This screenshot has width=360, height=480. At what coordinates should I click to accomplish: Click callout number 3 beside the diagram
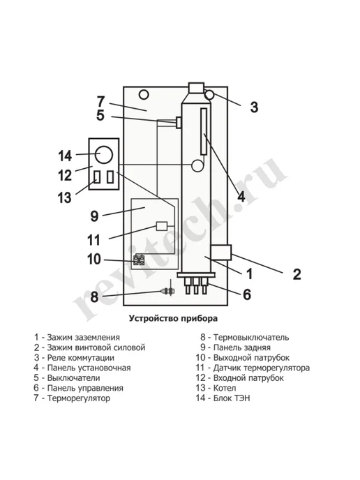click(254, 107)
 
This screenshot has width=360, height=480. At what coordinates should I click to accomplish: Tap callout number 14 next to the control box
click(65, 156)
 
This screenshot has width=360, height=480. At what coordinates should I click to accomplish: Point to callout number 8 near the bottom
click(94, 297)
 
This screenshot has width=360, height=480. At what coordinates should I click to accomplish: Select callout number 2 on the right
click(297, 274)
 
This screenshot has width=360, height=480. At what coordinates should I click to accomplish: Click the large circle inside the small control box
click(104, 155)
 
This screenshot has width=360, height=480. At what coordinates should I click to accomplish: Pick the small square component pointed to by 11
click(162, 226)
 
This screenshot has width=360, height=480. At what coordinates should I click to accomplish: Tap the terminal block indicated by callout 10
click(139, 260)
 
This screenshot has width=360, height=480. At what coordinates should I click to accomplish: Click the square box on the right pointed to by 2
click(220, 253)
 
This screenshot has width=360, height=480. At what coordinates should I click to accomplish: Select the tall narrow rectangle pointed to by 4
click(204, 131)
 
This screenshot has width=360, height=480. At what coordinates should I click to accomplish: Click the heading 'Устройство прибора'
click(173, 318)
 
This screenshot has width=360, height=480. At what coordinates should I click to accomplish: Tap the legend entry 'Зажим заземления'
click(83, 338)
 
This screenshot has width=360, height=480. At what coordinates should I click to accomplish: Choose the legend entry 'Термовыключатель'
click(251, 338)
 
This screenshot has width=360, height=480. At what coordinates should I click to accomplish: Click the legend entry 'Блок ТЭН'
click(232, 398)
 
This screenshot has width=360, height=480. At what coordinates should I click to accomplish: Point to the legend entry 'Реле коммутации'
click(80, 357)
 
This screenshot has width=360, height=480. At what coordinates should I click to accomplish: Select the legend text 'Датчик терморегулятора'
click(262, 368)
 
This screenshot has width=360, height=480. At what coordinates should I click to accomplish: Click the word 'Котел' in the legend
click(225, 388)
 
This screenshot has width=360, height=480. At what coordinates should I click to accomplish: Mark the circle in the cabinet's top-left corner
click(144, 95)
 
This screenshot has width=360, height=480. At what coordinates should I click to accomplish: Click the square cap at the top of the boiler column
click(196, 88)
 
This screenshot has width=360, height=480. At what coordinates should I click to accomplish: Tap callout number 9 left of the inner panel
click(95, 216)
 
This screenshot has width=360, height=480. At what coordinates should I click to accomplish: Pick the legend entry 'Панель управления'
click(85, 388)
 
